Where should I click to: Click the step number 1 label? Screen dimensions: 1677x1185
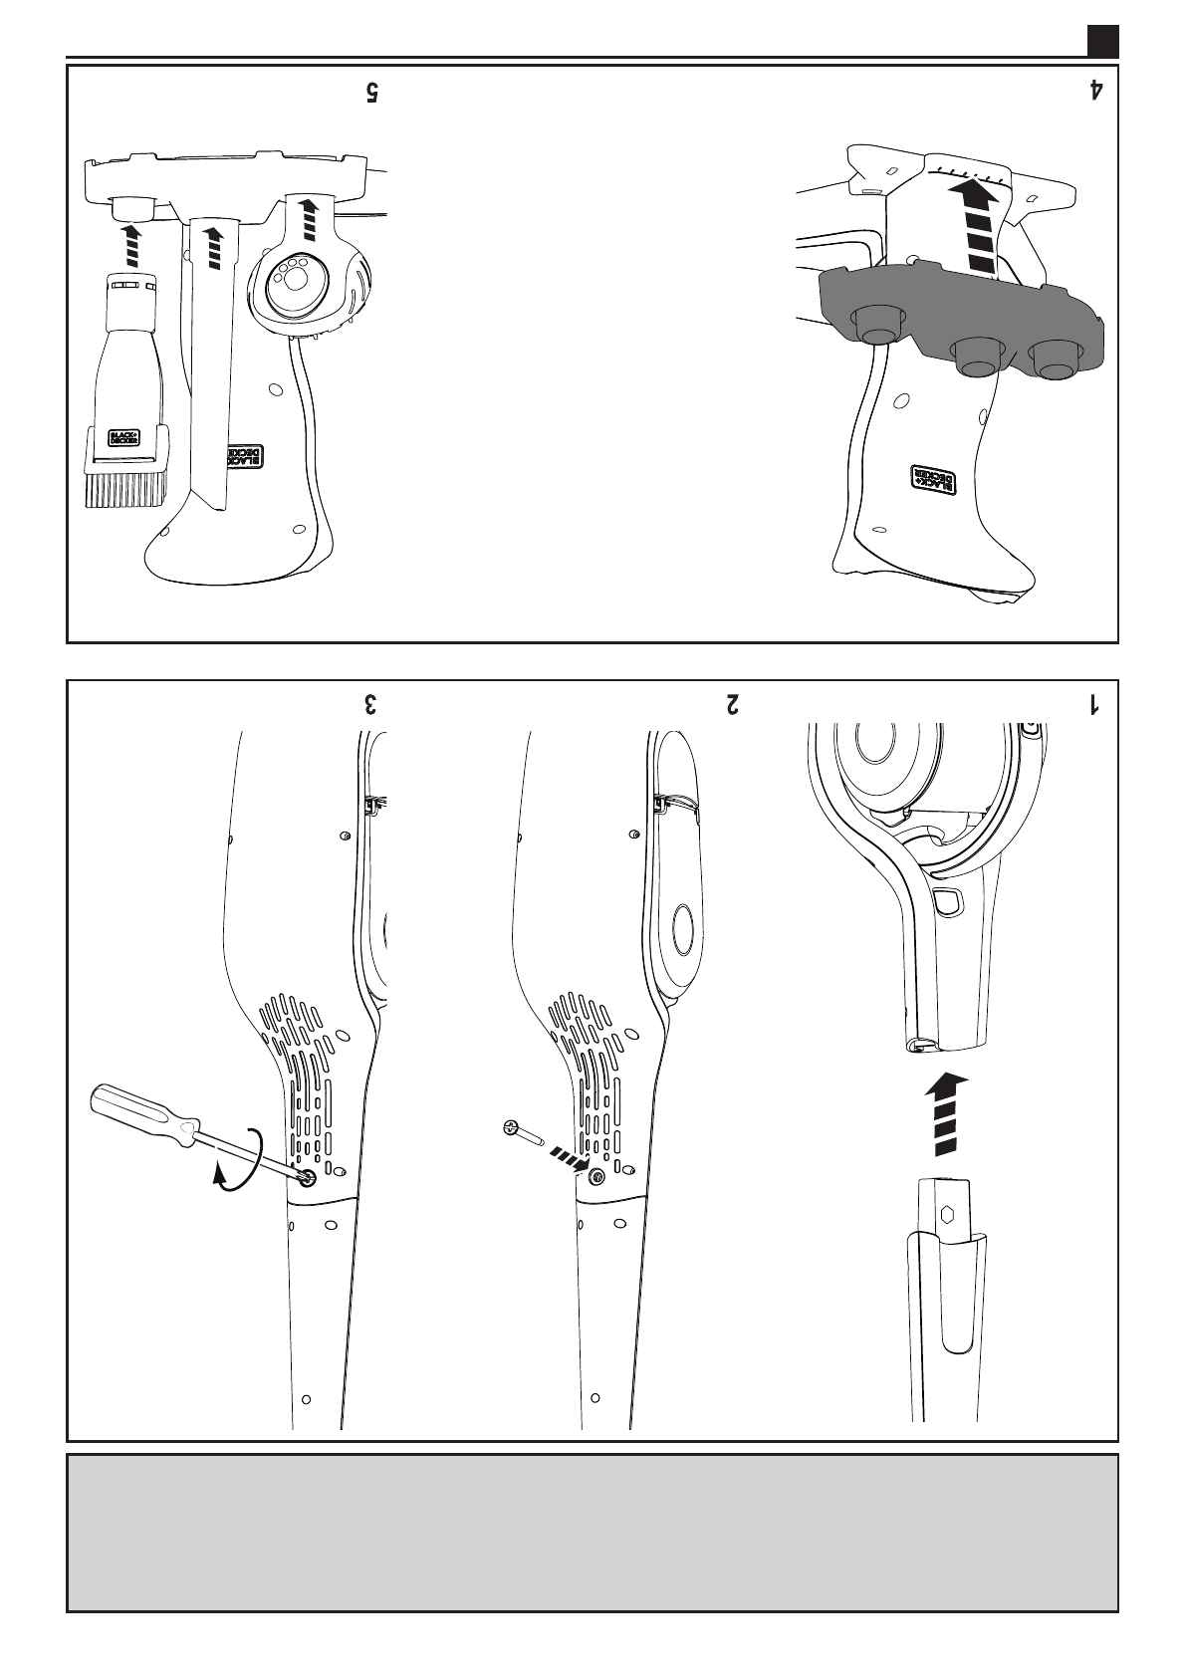[1094, 704]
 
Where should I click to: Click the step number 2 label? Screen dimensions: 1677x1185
[733, 704]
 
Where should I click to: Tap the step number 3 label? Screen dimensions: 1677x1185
[370, 704]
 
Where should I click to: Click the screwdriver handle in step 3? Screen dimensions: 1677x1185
[138, 1113]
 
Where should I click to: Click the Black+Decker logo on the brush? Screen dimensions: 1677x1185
[124, 439]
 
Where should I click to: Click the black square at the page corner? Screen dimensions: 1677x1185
[1103, 40]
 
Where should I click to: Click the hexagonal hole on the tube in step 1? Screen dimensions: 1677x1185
[947, 1214]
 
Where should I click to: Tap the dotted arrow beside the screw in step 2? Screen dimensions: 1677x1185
[567, 1159]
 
